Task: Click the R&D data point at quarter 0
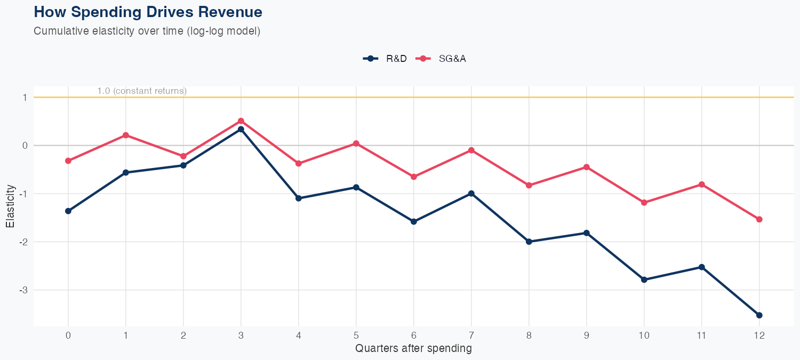click(68, 211)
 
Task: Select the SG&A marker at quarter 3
click(241, 121)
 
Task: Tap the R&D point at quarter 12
click(759, 315)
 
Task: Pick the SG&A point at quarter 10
click(644, 203)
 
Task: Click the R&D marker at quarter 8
click(529, 242)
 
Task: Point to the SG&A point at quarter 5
click(356, 143)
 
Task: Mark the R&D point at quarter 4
click(299, 198)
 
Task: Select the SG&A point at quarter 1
click(126, 135)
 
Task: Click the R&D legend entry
click(385, 59)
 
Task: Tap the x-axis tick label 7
click(471, 335)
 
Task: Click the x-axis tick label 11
click(702, 335)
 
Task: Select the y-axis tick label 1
click(25, 98)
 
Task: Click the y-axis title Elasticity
click(10, 206)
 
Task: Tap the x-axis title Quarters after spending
click(413, 349)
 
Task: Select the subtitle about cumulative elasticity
click(147, 31)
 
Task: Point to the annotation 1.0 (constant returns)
click(142, 91)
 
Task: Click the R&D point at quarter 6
click(414, 221)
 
